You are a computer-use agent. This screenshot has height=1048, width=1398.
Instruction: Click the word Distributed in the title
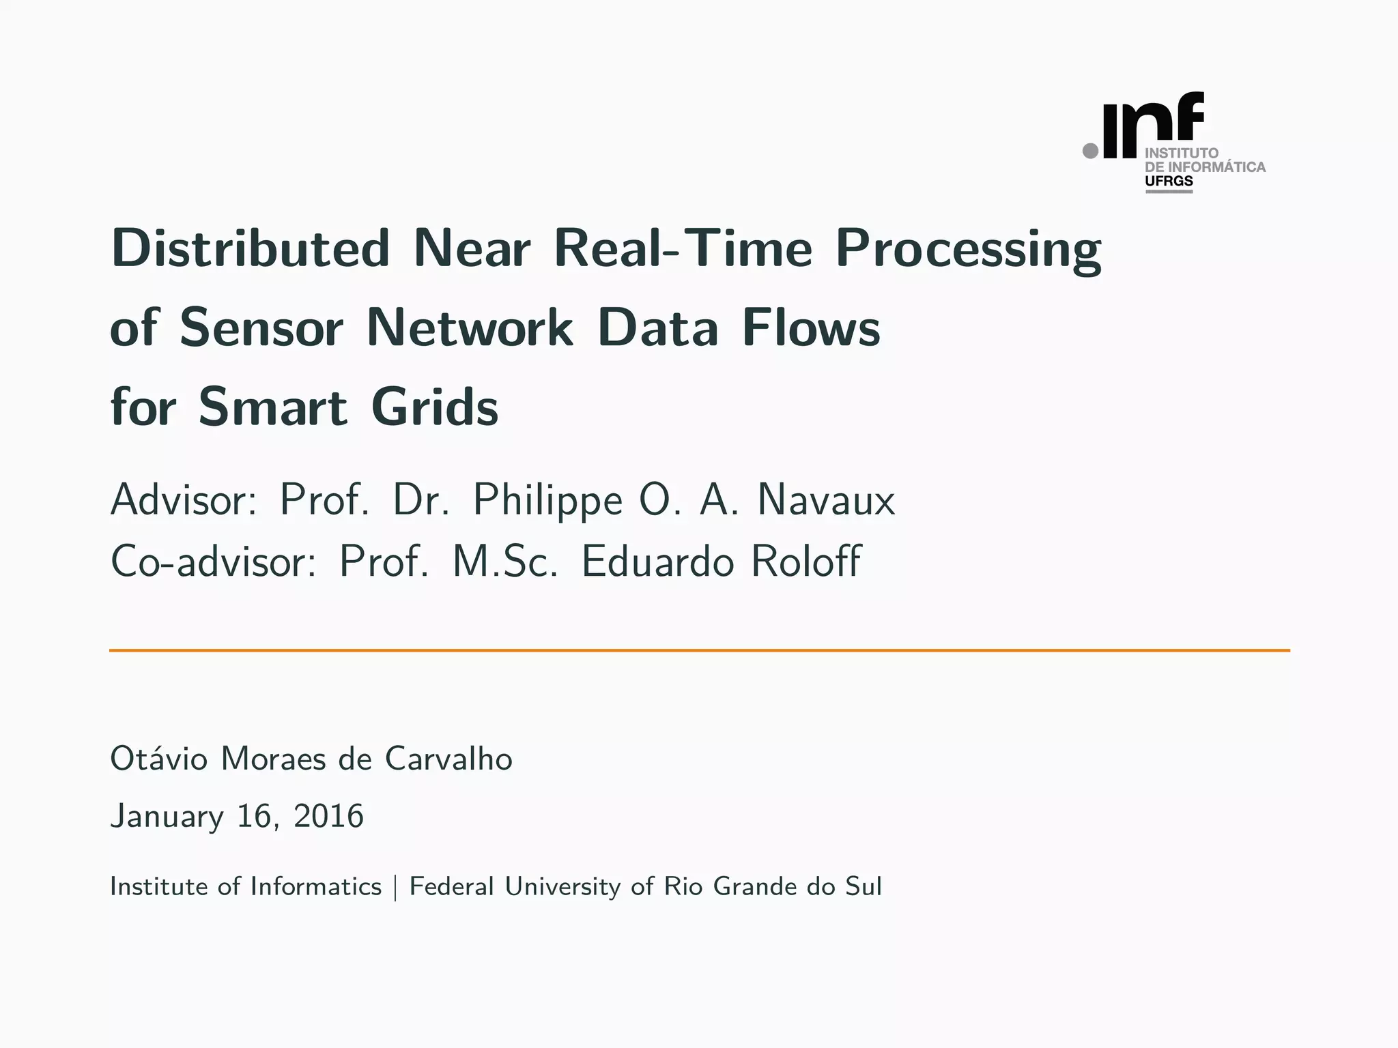tap(250, 248)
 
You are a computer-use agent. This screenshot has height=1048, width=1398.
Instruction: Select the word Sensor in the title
tap(261, 328)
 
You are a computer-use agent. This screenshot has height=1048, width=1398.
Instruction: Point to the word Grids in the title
tap(435, 407)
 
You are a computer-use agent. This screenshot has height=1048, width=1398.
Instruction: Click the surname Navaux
tap(826, 500)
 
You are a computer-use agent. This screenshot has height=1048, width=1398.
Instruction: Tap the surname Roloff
tap(806, 562)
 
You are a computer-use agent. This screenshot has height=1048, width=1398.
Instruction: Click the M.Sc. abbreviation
tap(505, 562)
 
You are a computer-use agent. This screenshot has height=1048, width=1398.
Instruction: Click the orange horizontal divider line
tap(699, 650)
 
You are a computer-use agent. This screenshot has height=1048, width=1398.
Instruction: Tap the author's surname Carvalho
tap(448, 759)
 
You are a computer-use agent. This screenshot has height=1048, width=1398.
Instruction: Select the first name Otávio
tap(158, 759)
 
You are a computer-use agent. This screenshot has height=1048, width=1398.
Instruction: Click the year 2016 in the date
tap(328, 816)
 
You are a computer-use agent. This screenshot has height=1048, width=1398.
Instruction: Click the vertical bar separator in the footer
tap(395, 887)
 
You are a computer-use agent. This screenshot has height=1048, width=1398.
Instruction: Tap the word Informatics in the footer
tap(316, 886)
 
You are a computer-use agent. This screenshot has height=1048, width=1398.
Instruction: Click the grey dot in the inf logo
tap(1091, 150)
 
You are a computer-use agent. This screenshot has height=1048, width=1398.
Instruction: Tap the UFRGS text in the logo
tap(1169, 181)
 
